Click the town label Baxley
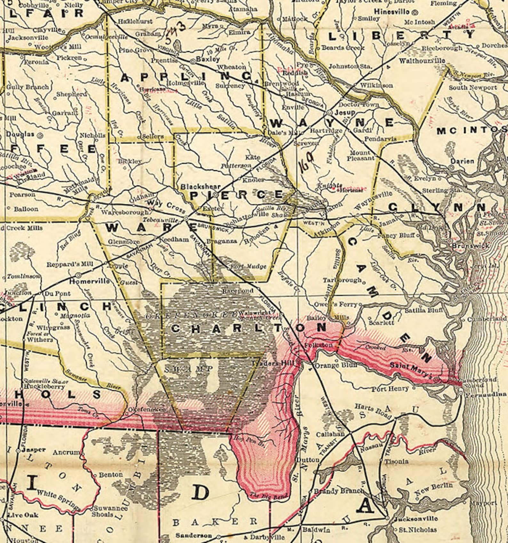pyautogui.click(x=208, y=59)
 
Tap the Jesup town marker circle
pyautogui.click(x=329, y=113)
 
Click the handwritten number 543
pyautogui.click(x=174, y=35)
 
